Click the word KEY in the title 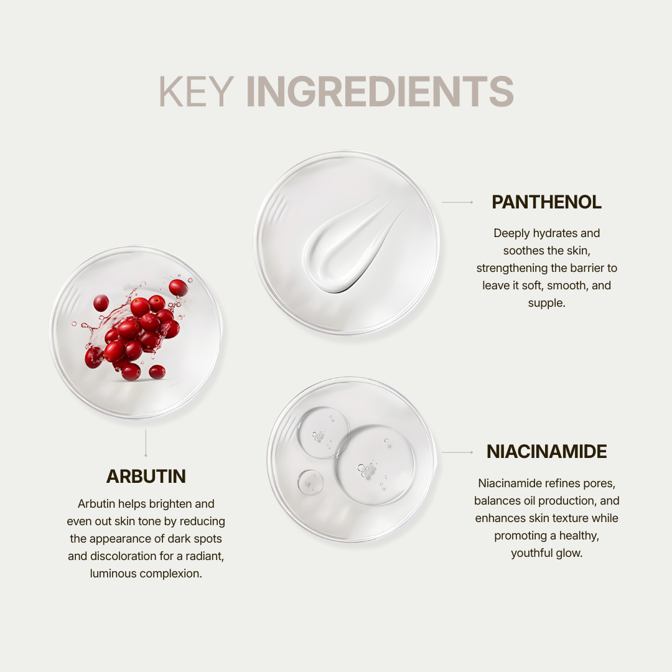tap(196, 91)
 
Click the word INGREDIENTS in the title tap(380, 91)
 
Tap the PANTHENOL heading tap(546, 202)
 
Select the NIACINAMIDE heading tap(546, 452)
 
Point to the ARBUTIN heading tap(146, 477)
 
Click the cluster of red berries tap(133, 330)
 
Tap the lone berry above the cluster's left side tap(101, 303)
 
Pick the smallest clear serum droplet tap(310, 483)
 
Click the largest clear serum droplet tap(375, 465)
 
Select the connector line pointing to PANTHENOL tap(457, 202)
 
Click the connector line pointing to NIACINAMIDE tap(457, 452)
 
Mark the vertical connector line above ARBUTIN tap(146, 443)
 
